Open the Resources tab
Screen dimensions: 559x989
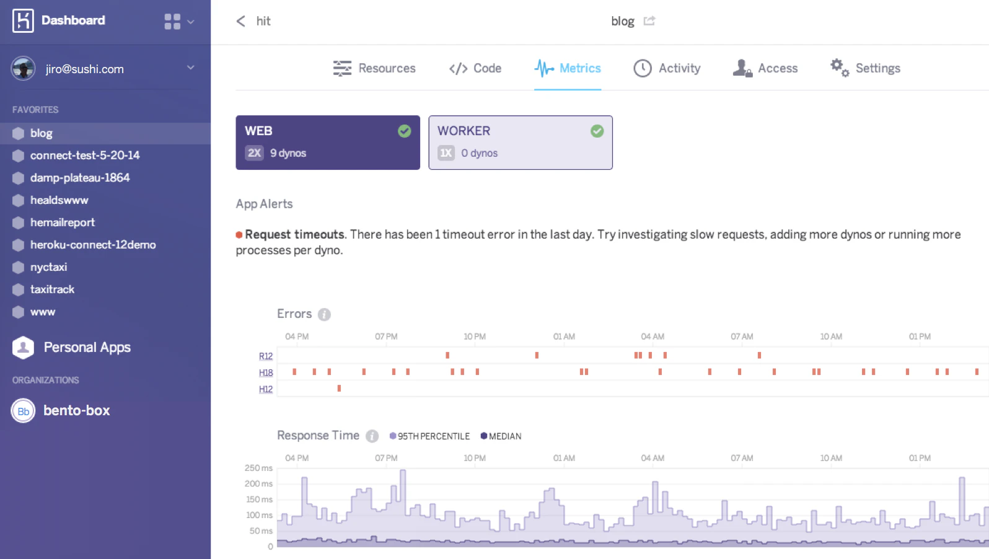click(x=374, y=68)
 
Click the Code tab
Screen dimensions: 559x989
click(x=475, y=68)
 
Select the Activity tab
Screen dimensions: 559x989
click(x=667, y=68)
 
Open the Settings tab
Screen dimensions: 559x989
click(x=866, y=68)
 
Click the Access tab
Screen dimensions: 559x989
click(x=765, y=68)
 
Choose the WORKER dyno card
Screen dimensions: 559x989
click(x=520, y=143)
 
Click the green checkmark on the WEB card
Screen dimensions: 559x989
click(x=404, y=131)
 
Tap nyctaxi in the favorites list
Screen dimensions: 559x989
click(x=48, y=267)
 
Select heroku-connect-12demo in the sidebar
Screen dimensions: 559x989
click(x=92, y=245)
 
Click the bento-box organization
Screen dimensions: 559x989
click(x=76, y=410)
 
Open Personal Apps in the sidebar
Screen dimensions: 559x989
click(x=87, y=347)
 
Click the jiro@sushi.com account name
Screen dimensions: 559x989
click(x=84, y=69)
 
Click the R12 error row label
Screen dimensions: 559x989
click(x=265, y=356)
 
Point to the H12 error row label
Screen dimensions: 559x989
click(x=265, y=389)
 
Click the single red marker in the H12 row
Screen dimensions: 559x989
click(x=339, y=388)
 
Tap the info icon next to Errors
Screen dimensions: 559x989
click(x=324, y=314)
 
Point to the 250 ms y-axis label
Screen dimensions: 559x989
click(x=258, y=468)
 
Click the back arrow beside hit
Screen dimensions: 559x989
click(x=241, y=21)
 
